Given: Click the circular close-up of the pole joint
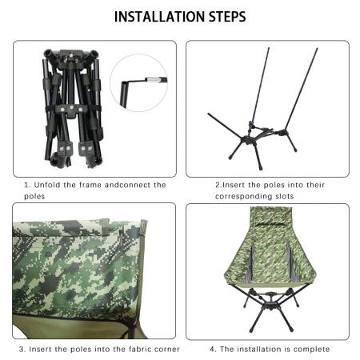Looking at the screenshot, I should tap(138, 82).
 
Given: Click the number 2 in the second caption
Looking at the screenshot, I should tap(217, 185).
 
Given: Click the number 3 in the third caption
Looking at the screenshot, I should tap(22, 349).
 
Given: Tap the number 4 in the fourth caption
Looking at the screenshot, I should tap(213, 349).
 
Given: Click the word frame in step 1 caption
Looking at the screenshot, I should tap(90, 185).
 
